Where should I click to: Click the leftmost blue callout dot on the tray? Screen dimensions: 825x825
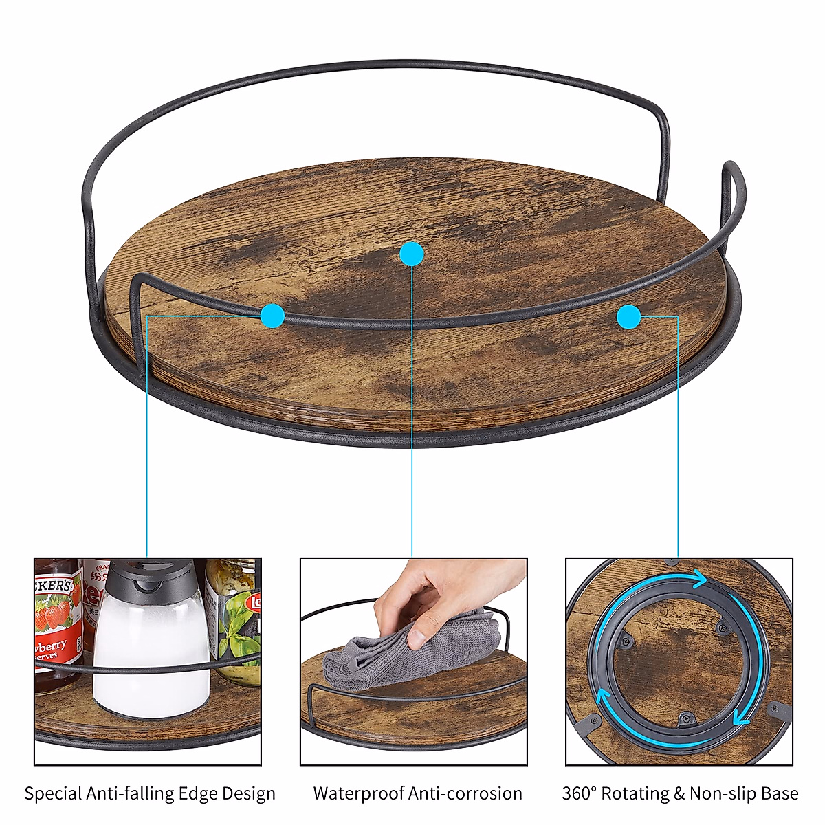272,316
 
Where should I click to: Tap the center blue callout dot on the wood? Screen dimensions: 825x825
412,254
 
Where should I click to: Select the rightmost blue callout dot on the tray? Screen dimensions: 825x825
628,316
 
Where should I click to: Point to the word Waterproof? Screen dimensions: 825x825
358,793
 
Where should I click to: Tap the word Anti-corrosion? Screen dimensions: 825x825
465,793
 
